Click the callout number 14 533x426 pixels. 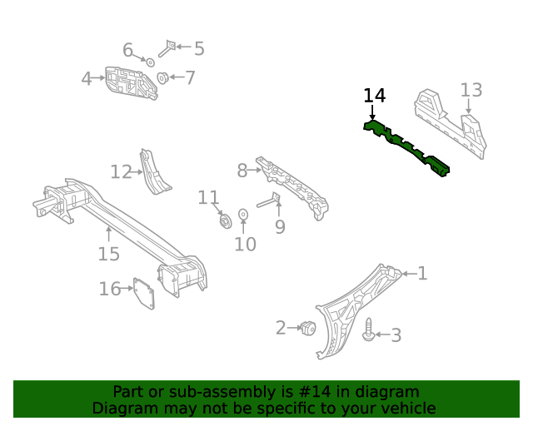[x=375, y=96]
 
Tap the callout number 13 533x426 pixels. [x=471, y=90]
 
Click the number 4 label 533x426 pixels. [x=87, y=79]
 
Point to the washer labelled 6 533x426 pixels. [x=150, y=62]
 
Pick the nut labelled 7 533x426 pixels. [x=163, y=79]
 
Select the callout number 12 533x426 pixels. [x=121, y=172]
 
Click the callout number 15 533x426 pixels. [x=108, y=254]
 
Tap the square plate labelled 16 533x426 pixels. [x=147, y=295]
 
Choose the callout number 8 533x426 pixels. [x=242, y=171]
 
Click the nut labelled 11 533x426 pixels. [x=223, y=220]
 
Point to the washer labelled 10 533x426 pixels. [x=243, y=215]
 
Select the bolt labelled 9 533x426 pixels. [x=268, y=201]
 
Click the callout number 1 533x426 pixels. [x=422, y=273]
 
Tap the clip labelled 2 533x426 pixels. [x=307, y=328]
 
